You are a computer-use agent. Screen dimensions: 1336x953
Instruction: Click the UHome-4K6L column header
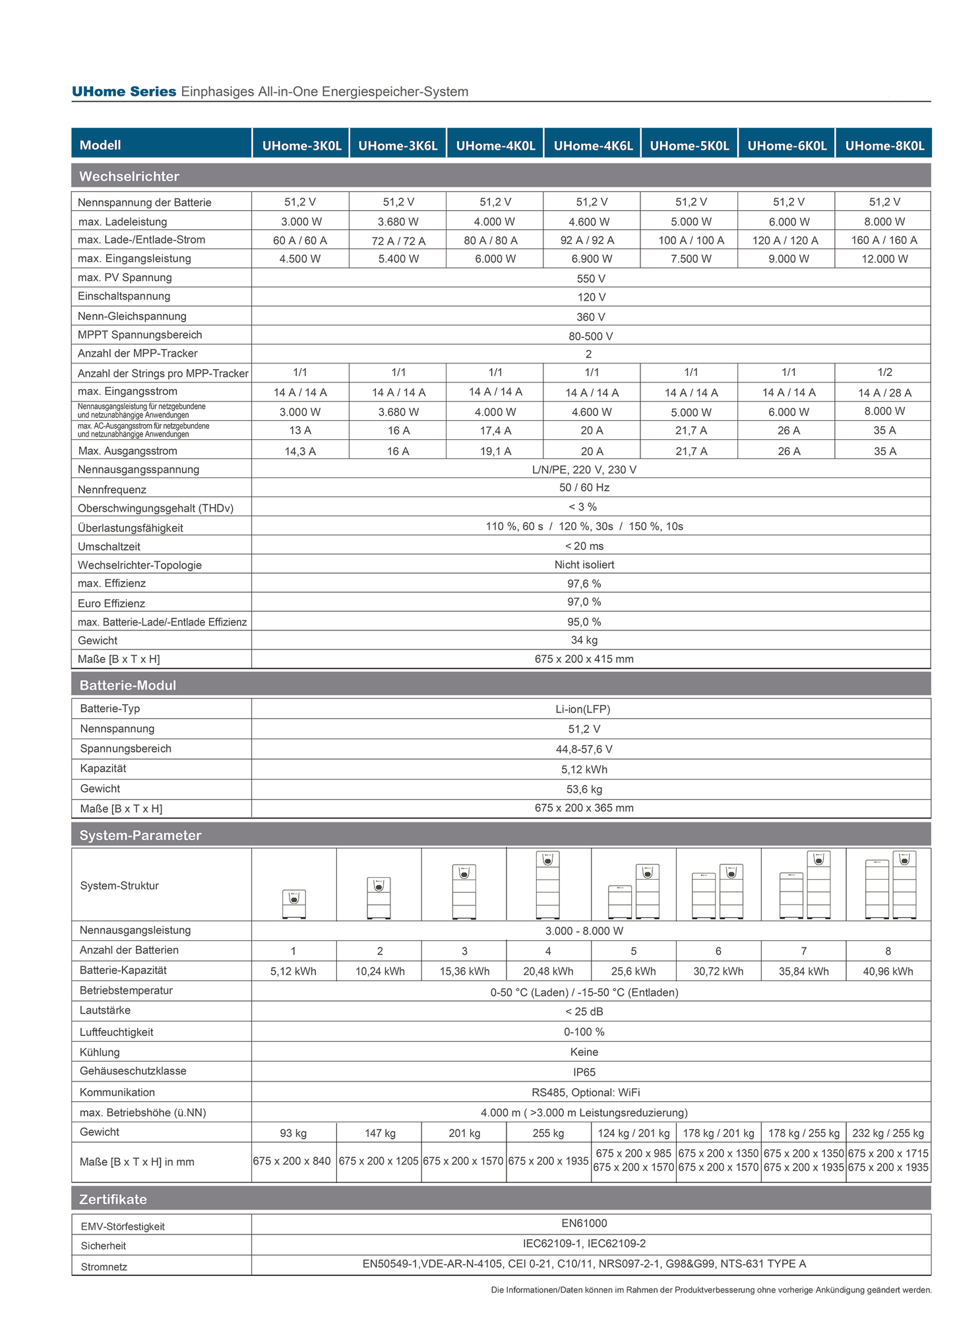592,145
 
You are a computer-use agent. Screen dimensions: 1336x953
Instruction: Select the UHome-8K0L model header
884,145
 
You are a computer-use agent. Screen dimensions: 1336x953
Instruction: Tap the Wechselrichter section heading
129,176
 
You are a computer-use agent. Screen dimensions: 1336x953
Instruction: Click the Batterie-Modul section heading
128,685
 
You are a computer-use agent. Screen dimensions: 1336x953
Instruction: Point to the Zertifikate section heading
113,1199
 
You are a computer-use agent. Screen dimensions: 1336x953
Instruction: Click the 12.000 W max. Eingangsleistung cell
884,259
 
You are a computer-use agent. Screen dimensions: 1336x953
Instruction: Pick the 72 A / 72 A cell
398,241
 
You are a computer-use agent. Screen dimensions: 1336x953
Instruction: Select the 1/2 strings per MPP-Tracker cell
884,373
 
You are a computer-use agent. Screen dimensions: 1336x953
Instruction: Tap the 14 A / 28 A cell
884,393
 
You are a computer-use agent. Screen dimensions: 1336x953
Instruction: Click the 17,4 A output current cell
495,431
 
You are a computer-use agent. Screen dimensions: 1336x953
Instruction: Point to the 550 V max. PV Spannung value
590,278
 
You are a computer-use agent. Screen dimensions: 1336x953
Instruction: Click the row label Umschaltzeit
109,547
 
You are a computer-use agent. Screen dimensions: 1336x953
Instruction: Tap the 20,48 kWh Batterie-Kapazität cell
548,971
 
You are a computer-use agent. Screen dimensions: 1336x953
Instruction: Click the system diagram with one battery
293,903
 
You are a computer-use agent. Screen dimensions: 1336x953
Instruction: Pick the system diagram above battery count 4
548,885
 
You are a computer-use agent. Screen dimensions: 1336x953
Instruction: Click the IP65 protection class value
584,1072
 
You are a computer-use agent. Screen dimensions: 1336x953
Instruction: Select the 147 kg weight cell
380,1134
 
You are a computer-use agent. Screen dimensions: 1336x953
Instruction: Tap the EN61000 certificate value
584,1223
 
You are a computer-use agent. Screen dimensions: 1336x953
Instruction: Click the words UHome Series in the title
124,92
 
